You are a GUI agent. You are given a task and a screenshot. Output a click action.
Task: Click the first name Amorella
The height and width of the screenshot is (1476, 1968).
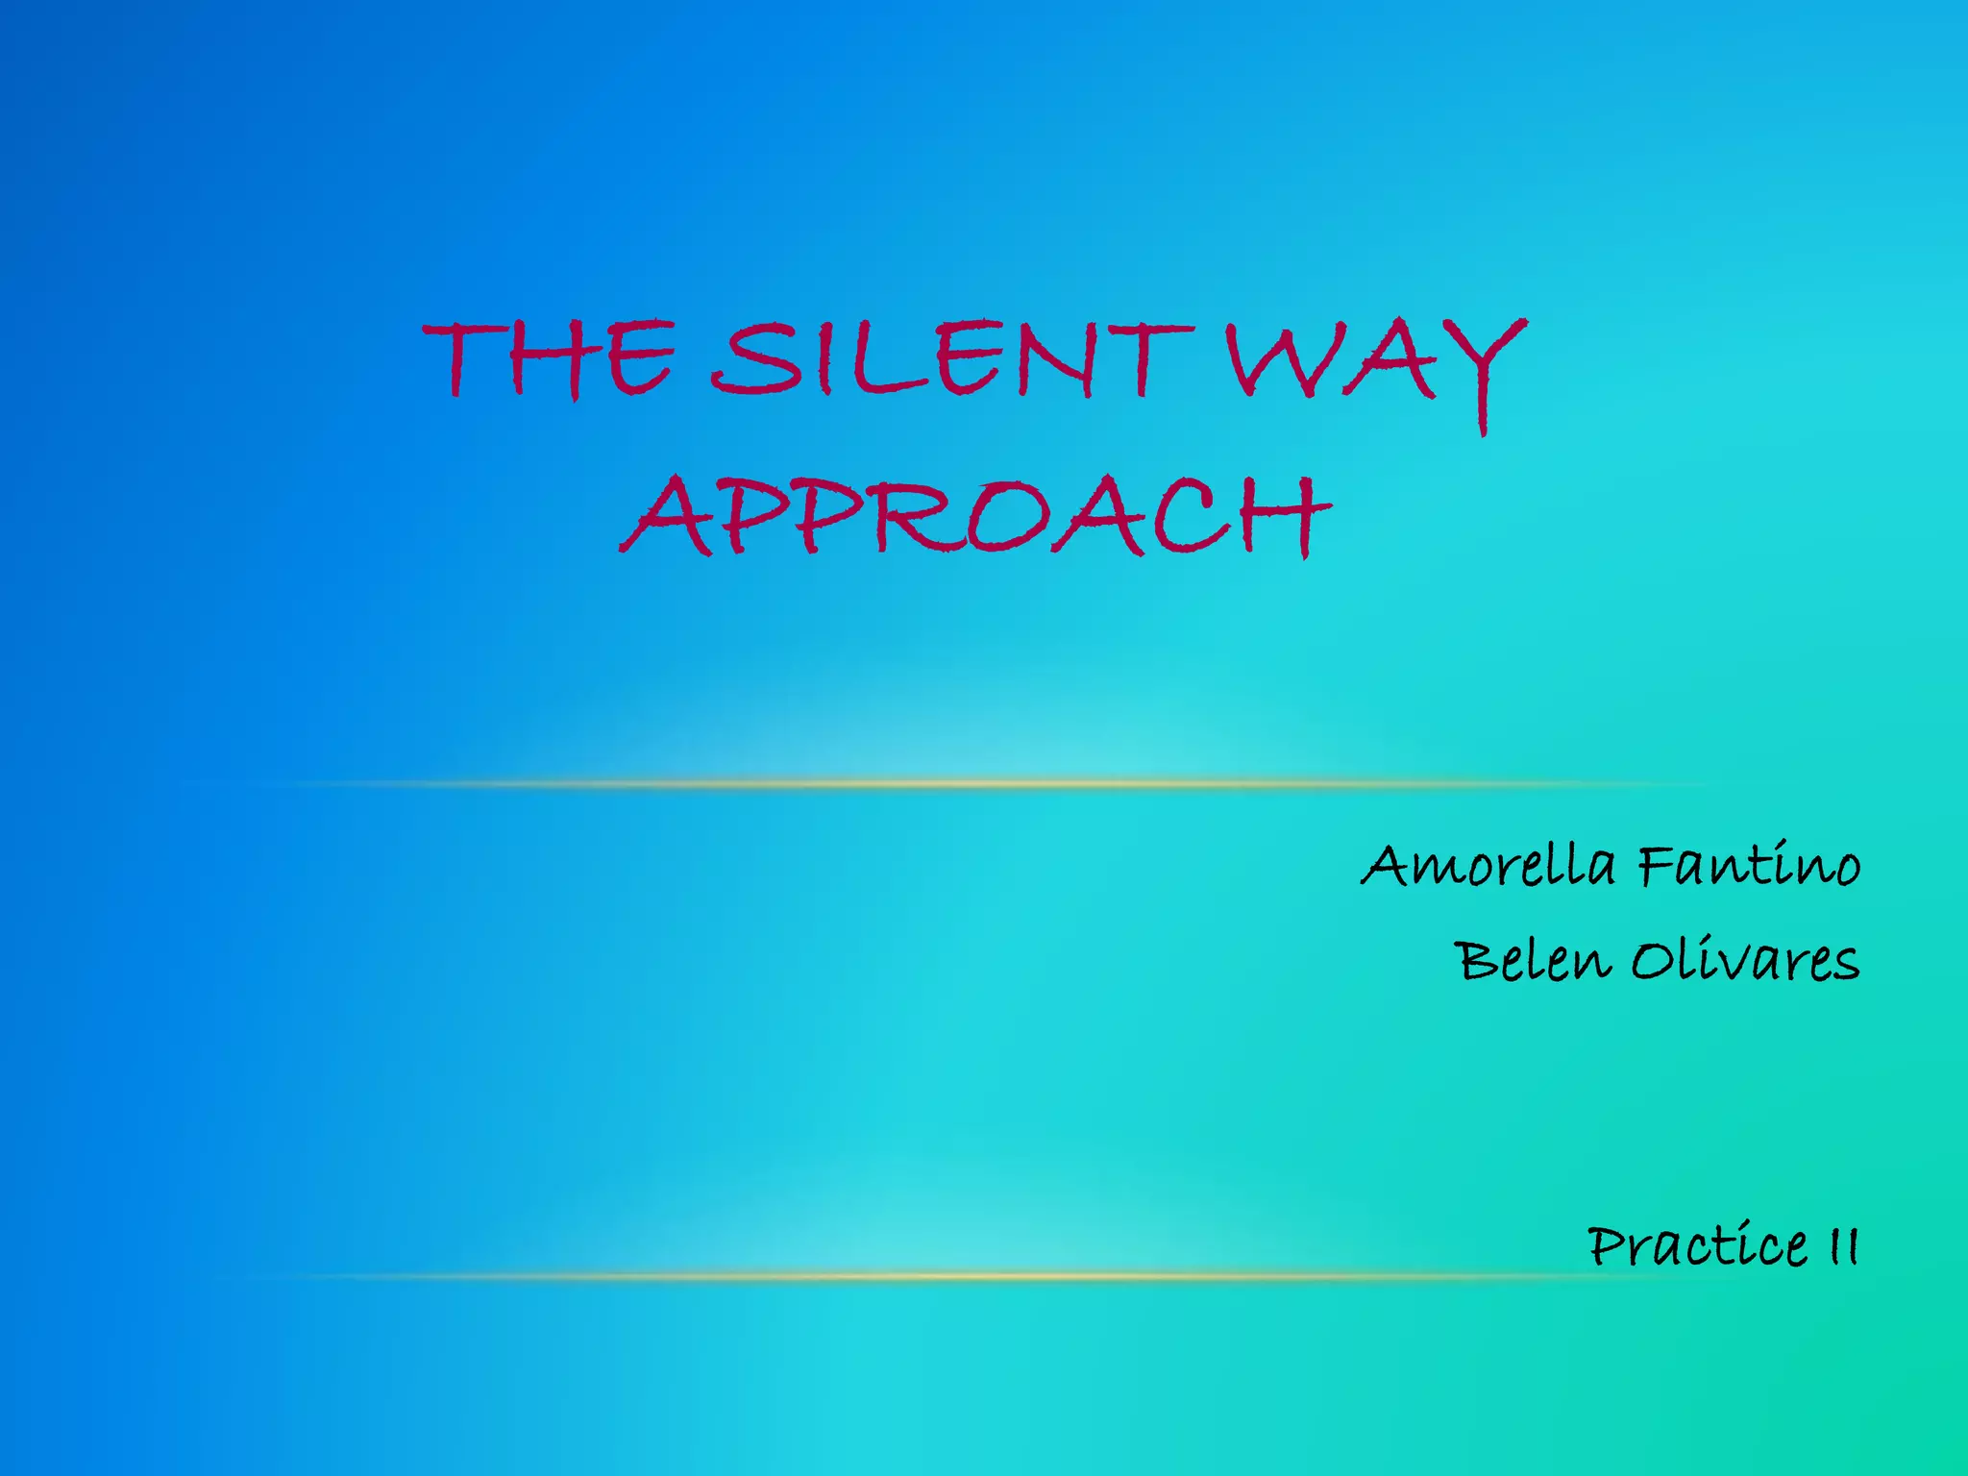[x=1488, y=865]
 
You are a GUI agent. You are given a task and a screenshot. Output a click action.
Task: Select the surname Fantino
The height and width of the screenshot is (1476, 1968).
[x=1749, y=865]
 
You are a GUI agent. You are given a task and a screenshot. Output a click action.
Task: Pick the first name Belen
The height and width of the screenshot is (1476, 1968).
[x=1532, y=960]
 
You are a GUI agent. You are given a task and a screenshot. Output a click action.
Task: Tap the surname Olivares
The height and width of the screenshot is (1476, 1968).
[x=1745, y=960]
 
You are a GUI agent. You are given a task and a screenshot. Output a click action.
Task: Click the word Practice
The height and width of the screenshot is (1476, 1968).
[x=1697, y=1246]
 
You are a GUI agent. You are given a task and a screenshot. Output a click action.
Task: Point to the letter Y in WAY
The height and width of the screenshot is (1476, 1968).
[x=1486, y=369]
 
